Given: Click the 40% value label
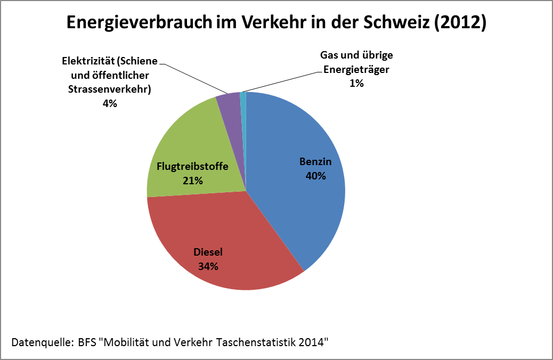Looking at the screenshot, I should (315, 175).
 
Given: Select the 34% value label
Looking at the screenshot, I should (208, 267).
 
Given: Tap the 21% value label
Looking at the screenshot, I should (192, 181).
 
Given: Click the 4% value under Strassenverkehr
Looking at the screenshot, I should (110, 103).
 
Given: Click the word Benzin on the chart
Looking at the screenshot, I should (315, 161).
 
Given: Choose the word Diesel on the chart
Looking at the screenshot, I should (208, 252).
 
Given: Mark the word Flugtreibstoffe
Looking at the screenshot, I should (192, 167).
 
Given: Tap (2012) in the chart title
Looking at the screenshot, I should (461, 23).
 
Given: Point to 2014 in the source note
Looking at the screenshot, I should (311, 341).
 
